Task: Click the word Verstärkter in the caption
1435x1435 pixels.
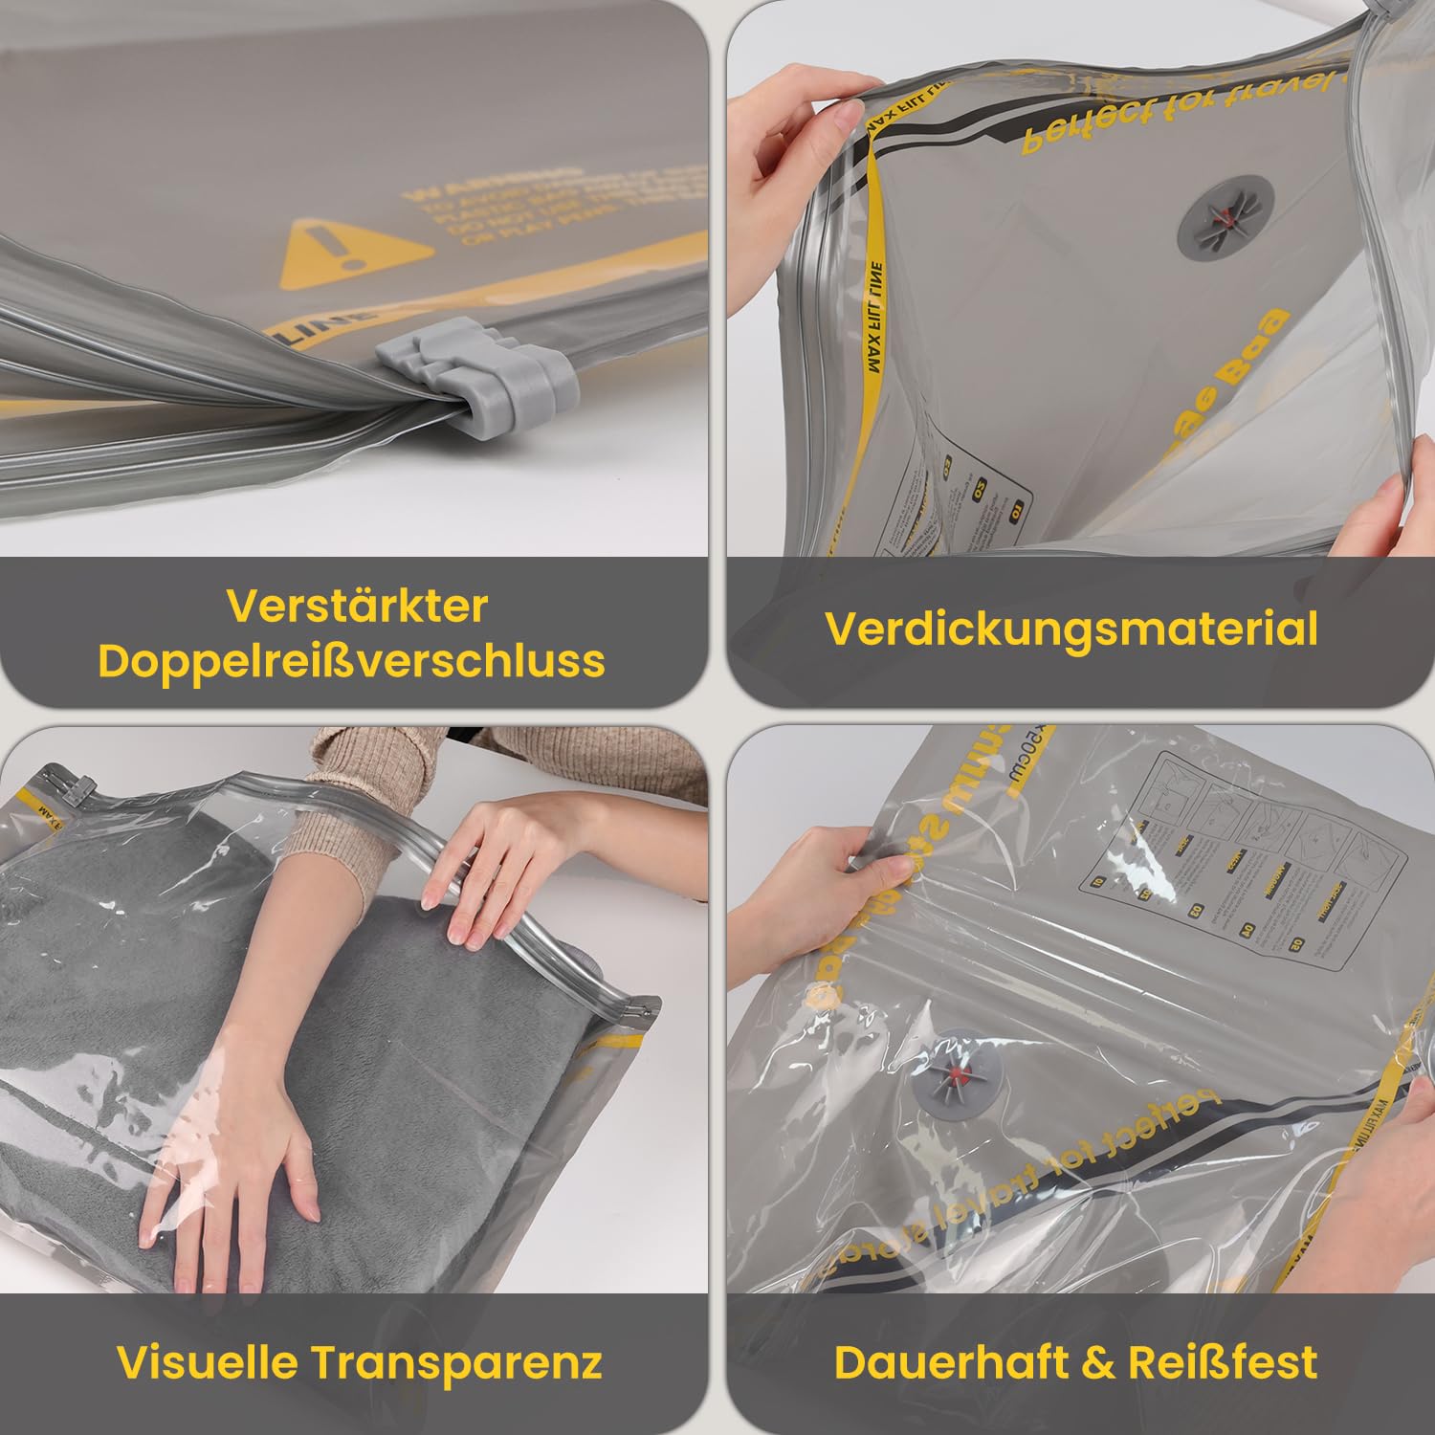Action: coord(357,606)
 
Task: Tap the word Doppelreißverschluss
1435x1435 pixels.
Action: coord(351,660)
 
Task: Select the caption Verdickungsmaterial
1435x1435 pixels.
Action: coord(1071,629)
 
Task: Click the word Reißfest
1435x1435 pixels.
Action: coord(1223,1361)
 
